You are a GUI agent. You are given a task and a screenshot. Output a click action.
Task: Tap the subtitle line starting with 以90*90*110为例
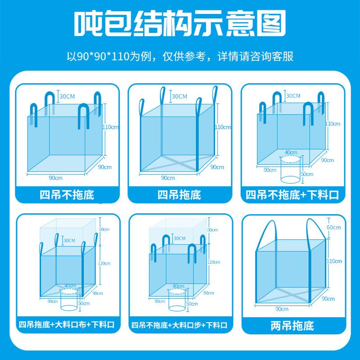pos(180,57)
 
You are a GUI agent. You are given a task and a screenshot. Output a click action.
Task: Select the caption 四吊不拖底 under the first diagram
pos(67,195)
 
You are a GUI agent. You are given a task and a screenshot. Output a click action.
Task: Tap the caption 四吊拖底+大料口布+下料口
pos(67,325)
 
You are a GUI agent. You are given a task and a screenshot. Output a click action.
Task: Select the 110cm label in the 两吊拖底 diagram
pos(335,261)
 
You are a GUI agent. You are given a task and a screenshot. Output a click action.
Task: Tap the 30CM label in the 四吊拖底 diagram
pos(179,96)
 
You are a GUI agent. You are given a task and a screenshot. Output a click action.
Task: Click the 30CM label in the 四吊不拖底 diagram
pos(67,96)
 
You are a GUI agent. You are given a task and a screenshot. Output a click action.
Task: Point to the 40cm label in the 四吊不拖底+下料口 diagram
pos(291,153)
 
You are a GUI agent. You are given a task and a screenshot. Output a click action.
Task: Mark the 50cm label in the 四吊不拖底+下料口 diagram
pos(307,174)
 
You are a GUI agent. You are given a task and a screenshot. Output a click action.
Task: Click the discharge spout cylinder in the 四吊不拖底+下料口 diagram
pos(290,170)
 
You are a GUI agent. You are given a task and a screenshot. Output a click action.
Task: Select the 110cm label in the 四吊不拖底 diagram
pos(111,127)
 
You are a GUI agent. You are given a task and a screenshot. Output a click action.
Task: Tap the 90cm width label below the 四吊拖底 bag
pos(168,178)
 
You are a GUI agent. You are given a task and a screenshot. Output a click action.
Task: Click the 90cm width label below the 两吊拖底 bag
pos(282,309)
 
